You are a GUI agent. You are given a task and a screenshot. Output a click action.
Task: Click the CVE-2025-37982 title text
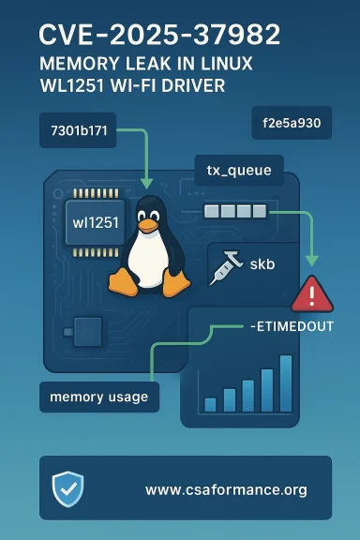coord(159,36)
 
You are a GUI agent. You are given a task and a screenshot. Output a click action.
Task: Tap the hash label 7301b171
coord(83,132)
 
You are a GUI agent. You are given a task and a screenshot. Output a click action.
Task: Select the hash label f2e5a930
coord(291,123)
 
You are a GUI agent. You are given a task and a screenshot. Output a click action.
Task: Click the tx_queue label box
coord(238,171)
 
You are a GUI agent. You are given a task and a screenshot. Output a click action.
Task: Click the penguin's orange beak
coord(146,225)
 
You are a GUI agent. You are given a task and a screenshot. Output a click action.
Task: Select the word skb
coord(262,265)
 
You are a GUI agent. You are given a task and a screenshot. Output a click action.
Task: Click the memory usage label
coord(98,397)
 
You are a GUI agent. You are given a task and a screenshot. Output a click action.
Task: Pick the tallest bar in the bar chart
coord(286,383)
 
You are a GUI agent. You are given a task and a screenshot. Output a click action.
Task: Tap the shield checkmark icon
coord(67,488)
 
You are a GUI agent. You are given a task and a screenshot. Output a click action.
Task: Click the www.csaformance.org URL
coord(226,489)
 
